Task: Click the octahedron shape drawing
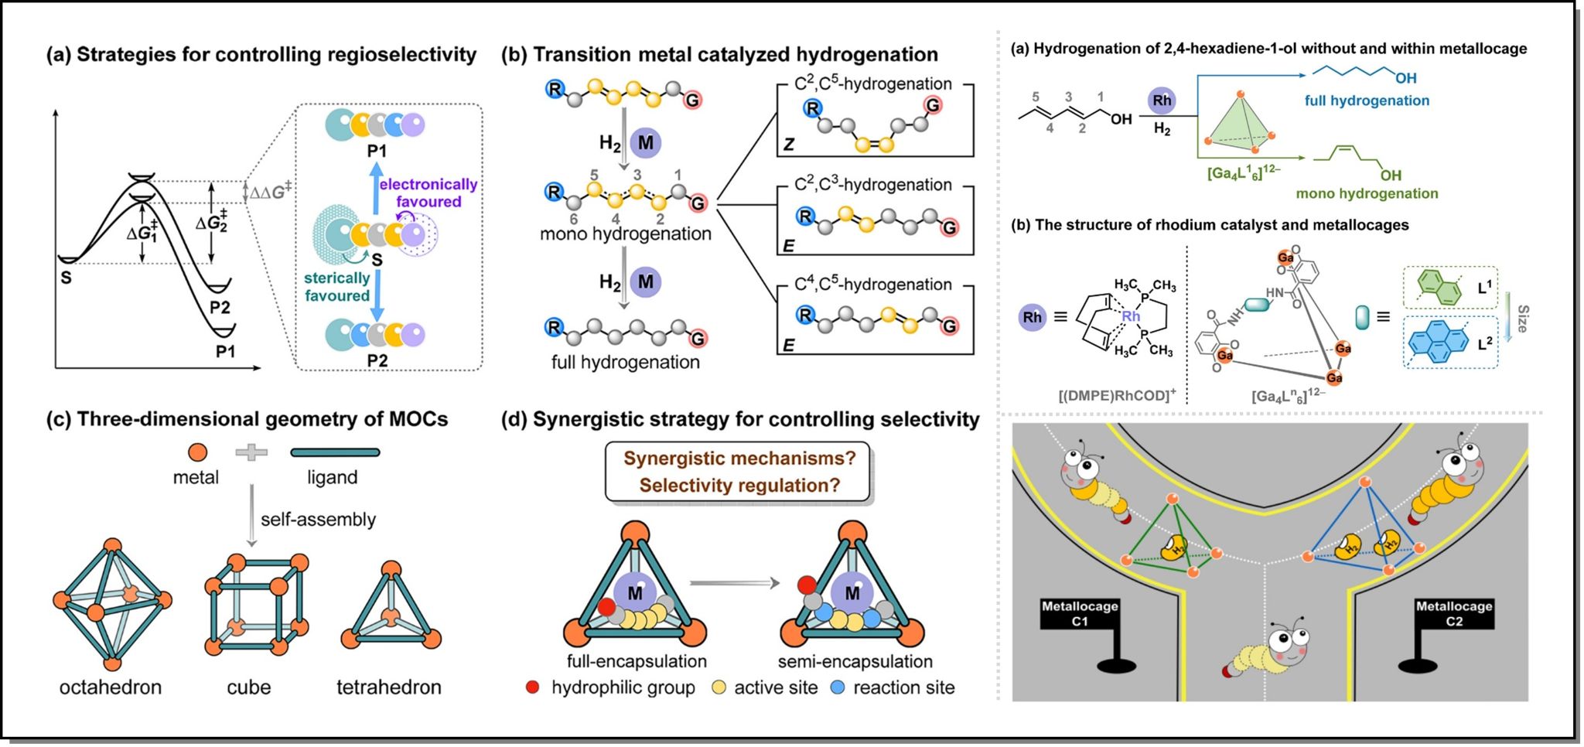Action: [x=112, y=604]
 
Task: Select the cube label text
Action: [x=248, y=687]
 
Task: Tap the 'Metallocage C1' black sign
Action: [x=1080, y=614]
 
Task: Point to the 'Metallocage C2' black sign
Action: [x=1453, y=614]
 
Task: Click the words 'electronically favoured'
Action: [x=428, y=193]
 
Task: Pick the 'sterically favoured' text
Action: [x=336, y=287]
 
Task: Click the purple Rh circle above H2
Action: [x=1162, y=100]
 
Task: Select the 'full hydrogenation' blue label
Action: [x=1367, y=101]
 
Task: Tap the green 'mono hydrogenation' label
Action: [x=1367, y=193]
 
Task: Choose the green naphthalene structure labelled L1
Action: [x=1439, y=288]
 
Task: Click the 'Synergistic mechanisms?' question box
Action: [x=739, y=472]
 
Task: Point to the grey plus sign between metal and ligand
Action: [x=251, y=452]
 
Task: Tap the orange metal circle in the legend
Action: [x=197, y=452]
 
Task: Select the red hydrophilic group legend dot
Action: [x=532, y=687]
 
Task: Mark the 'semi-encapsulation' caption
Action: [x=855, y=662]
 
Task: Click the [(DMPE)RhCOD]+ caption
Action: [x=1116, y=396]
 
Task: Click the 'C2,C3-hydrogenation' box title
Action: [x=873, y=185]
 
